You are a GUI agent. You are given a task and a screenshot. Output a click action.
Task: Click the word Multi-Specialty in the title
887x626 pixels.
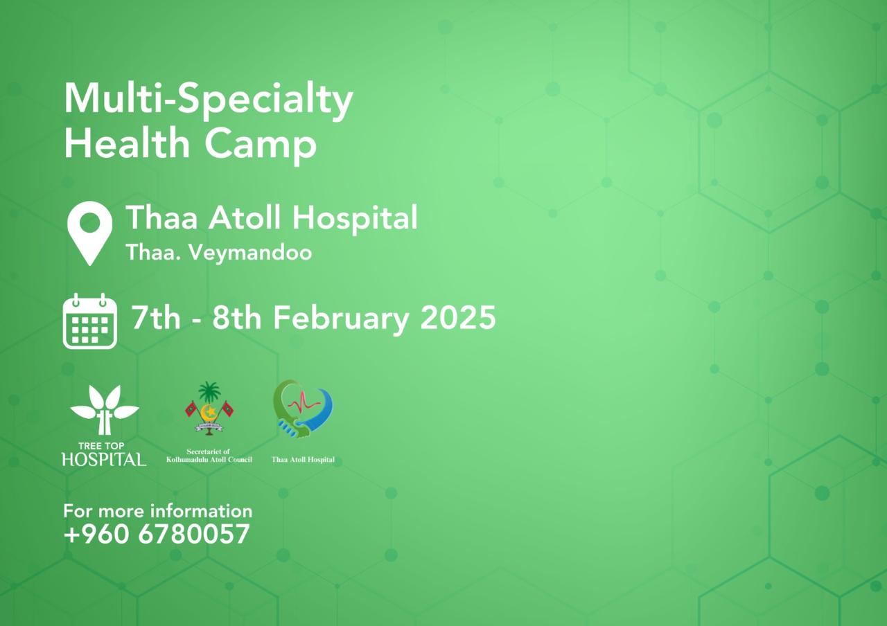coord(209,100)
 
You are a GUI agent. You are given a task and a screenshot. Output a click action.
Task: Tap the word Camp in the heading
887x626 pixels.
coord(260,146)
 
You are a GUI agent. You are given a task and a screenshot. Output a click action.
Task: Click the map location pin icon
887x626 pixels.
coord(90,233)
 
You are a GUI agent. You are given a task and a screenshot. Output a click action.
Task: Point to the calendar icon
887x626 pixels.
coord(90,321)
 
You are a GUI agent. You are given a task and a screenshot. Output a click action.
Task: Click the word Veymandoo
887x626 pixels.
coord(250,253)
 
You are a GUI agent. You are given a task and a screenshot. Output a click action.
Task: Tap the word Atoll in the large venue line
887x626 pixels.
coord(245,217)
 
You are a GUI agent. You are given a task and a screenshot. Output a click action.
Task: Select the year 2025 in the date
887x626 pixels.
coord(458,317)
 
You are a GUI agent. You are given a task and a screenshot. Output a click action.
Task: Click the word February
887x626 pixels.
coord(341,319)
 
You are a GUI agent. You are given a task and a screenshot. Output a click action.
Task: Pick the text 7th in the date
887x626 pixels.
coord(156,317)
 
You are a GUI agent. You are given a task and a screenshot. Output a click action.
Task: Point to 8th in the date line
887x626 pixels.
coord(237,317)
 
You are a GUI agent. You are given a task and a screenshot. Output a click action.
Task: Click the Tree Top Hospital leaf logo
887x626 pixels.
coord(105,410)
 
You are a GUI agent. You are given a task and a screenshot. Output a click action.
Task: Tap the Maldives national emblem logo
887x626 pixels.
coord(209,409)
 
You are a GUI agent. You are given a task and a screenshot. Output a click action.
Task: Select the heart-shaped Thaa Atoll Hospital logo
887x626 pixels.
coord(303,409)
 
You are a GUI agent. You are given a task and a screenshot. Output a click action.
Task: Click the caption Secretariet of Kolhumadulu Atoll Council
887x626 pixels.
coord(209,456)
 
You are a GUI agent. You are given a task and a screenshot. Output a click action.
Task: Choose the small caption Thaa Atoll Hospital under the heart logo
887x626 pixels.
coord(303,459)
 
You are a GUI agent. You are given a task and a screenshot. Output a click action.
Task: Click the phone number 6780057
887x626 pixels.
coord(194,534)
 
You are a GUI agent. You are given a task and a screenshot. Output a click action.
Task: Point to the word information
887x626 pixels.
coord(201,511)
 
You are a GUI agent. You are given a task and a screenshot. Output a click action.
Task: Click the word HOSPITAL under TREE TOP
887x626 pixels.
coord(104,459)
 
